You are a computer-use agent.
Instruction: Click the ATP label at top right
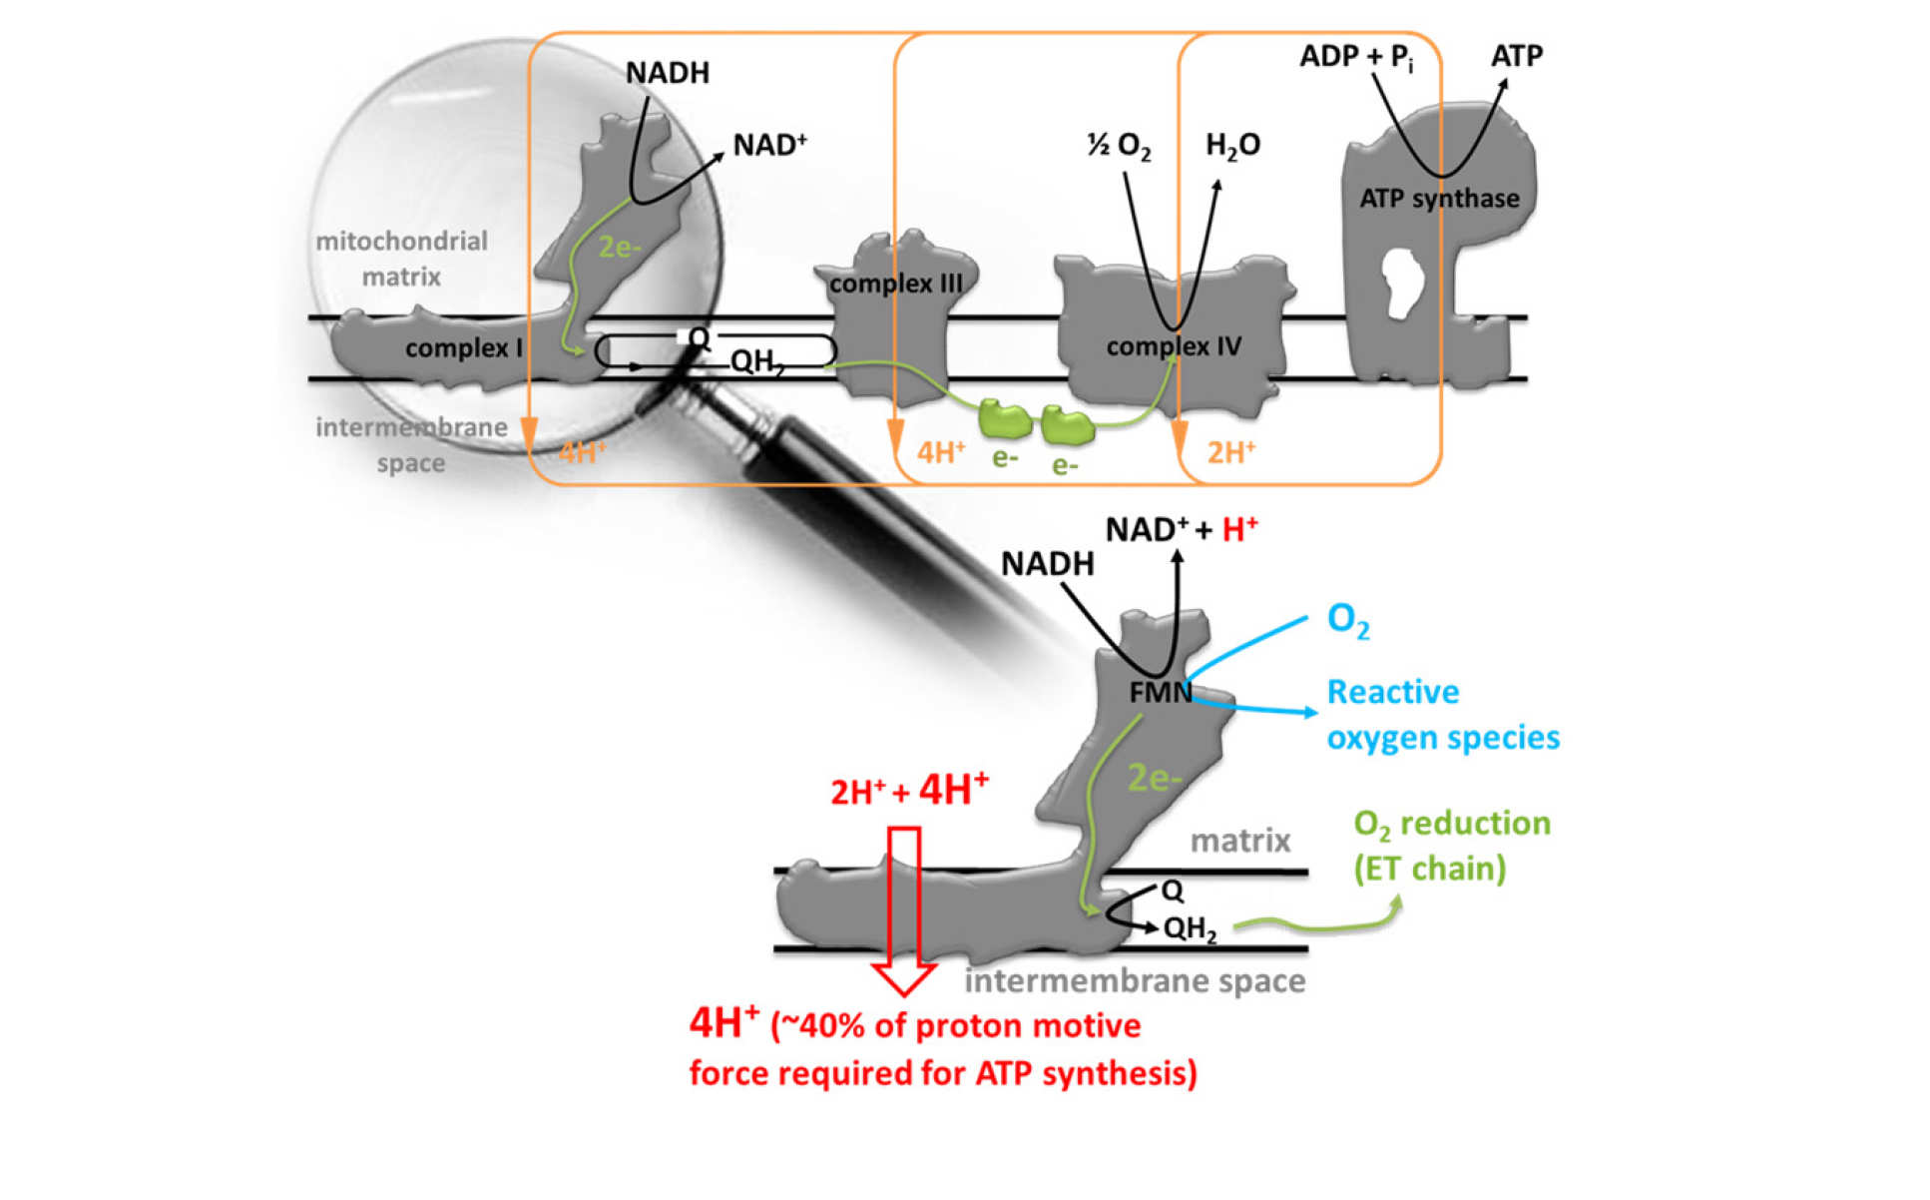click(x=1516, y=56)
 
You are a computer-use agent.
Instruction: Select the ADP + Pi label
click(x=1355, y=58)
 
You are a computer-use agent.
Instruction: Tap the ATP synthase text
click(x=1438, y=199)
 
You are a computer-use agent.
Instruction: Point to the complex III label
click(x=895, y=284)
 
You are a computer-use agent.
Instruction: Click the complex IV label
click(x=1173, y=346)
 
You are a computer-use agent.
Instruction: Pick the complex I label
click(x=463, y=348)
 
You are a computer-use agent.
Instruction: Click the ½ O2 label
click(x=1119, y=146)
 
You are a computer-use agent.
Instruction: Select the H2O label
click(x=1232, y=146)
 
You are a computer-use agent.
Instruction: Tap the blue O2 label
click(x=1347, y=620)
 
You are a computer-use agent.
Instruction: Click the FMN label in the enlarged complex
click(x=1160, y=692)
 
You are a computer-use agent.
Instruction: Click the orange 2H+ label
click(x=1230, y=453)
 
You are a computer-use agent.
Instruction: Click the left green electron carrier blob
click(x=1004, y=419)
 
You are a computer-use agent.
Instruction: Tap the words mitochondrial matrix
click(x=401, y=259)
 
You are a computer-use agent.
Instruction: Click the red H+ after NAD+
click(x=1239, y=529)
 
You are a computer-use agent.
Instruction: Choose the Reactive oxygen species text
click(x=1442, y=715)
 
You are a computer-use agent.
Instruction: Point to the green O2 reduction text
click(x=1451, y=845)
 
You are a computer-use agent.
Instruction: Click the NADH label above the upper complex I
click(x=667, y=73)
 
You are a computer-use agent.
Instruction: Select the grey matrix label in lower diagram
click(x=1239, y=841)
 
